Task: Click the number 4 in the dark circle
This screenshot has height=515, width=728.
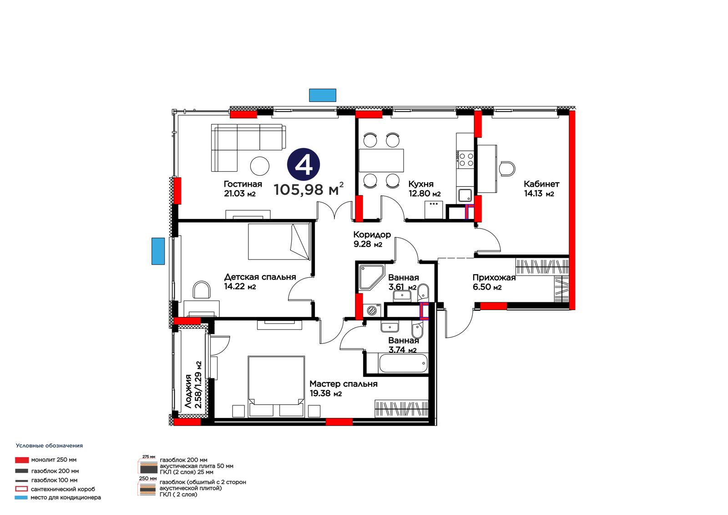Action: coord(303,165)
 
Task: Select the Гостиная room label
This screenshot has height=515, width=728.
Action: coord(243,184)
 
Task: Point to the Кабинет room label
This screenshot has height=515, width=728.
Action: coord(541,184)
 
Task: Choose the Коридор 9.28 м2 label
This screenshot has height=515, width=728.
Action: coord(372,239)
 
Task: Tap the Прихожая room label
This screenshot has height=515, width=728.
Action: coord(494,277)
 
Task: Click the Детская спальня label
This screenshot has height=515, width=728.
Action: coord(260,277)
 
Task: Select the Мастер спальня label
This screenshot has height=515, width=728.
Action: coord(344,384)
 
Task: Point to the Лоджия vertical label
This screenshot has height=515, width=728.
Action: coord(188,392)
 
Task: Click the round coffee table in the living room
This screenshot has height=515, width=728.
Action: coord(260,166)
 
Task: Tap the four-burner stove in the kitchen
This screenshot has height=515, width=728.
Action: coord(466,159)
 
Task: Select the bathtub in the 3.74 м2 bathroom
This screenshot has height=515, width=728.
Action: coord(403,363)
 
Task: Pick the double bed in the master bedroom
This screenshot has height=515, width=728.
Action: coord(276,387)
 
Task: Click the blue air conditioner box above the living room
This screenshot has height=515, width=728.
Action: coord(323,95)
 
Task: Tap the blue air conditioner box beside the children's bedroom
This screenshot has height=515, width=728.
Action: coord(158,251)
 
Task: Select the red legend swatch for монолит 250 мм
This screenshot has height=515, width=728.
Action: coord(22,460)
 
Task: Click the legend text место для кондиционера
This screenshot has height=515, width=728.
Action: coord(66,497)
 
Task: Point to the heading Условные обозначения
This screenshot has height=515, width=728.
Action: coord(50,446)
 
